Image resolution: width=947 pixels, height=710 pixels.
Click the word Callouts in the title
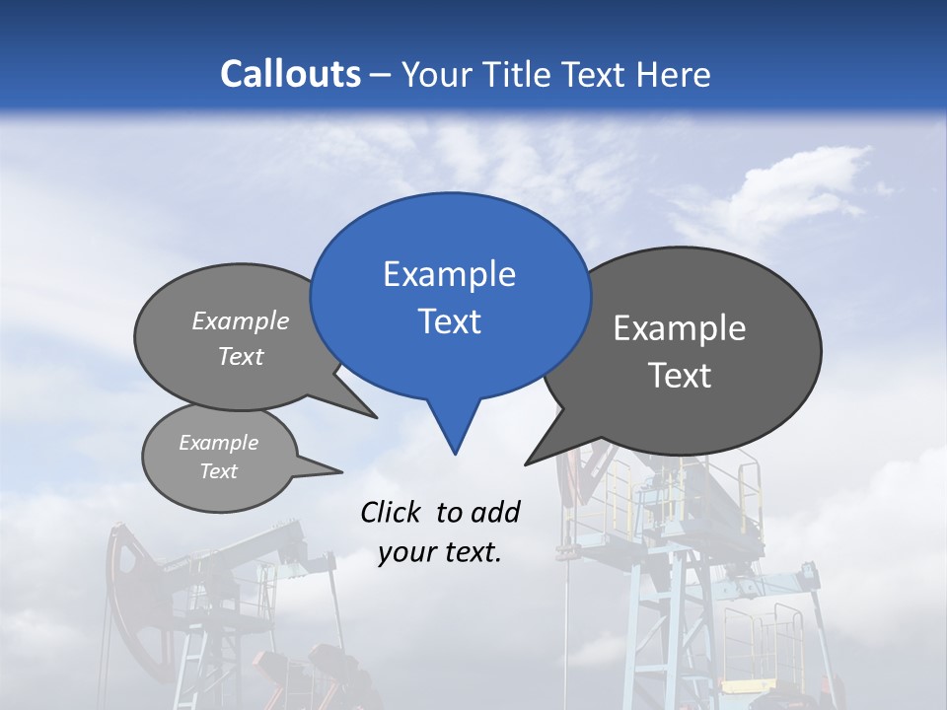coord(290,74)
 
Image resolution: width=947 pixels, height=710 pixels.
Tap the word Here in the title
coord(674,74)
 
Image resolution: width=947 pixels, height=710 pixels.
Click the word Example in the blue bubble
coord(449,274)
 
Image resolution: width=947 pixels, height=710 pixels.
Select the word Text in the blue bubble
coord(449,321)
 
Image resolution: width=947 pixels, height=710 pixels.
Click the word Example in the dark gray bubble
coord(680,328)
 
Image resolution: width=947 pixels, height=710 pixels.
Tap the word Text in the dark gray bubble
coord(680,376)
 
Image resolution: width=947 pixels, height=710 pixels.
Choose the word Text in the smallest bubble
coord(218,471)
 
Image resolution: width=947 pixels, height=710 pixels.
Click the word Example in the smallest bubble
coord(218,443)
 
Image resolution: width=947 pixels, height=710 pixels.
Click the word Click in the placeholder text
coord(393,512)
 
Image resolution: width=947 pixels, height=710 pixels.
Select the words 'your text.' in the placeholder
coord(440,552)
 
